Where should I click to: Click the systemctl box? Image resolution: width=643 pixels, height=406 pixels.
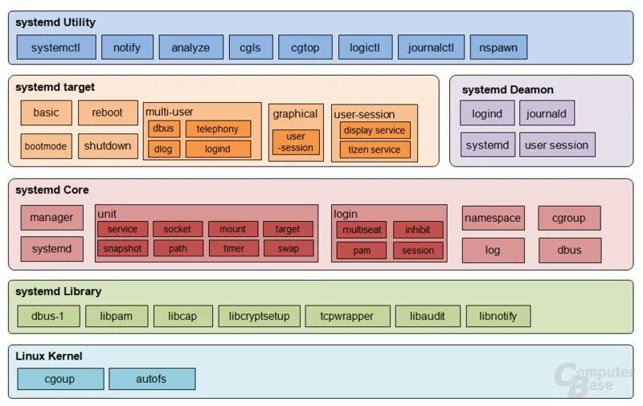point(56,47)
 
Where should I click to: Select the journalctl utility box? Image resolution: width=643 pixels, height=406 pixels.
point(431,47)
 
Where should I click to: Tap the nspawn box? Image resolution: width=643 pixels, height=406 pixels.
point(498,47)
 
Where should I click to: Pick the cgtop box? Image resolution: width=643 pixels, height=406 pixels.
point(305,47)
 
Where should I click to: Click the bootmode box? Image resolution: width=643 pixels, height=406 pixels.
point(46,146)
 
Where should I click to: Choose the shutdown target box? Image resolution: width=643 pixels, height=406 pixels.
point(108,146)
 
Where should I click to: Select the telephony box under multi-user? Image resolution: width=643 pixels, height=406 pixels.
point(218,129)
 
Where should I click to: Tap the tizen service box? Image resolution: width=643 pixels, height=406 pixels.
point(375,150)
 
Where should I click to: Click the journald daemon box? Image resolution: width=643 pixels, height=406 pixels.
point(547,113)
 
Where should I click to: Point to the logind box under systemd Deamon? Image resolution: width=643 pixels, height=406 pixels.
point(487,113)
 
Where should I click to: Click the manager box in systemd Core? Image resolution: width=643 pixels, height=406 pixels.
point(51,217)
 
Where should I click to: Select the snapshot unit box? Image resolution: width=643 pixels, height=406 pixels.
point(122,248)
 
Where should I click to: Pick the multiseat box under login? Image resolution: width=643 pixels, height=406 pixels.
point(361,230)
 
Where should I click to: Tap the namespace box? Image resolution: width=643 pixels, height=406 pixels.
point(493,218)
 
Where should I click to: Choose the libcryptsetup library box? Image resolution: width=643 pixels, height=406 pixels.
point(259,316)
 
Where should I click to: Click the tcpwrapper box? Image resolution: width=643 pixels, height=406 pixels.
point(347,316)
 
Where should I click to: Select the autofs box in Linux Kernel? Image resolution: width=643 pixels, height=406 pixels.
point(152,379)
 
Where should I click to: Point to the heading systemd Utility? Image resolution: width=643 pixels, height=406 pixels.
point(55,23)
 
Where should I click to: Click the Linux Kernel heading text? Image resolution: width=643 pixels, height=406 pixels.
point(49,356)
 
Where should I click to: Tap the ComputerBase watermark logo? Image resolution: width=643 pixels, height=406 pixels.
point(594,379)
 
